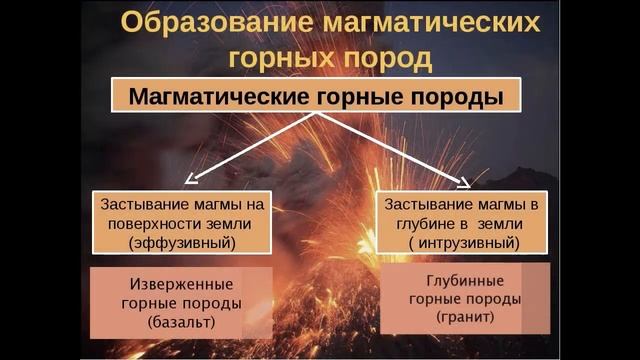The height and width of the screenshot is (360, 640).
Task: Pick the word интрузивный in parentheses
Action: pos(465,242)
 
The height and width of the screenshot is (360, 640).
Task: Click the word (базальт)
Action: pos(180,322)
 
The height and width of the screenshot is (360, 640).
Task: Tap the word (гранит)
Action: pos(465,316)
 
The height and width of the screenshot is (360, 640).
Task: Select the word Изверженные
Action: pos(180,284)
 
